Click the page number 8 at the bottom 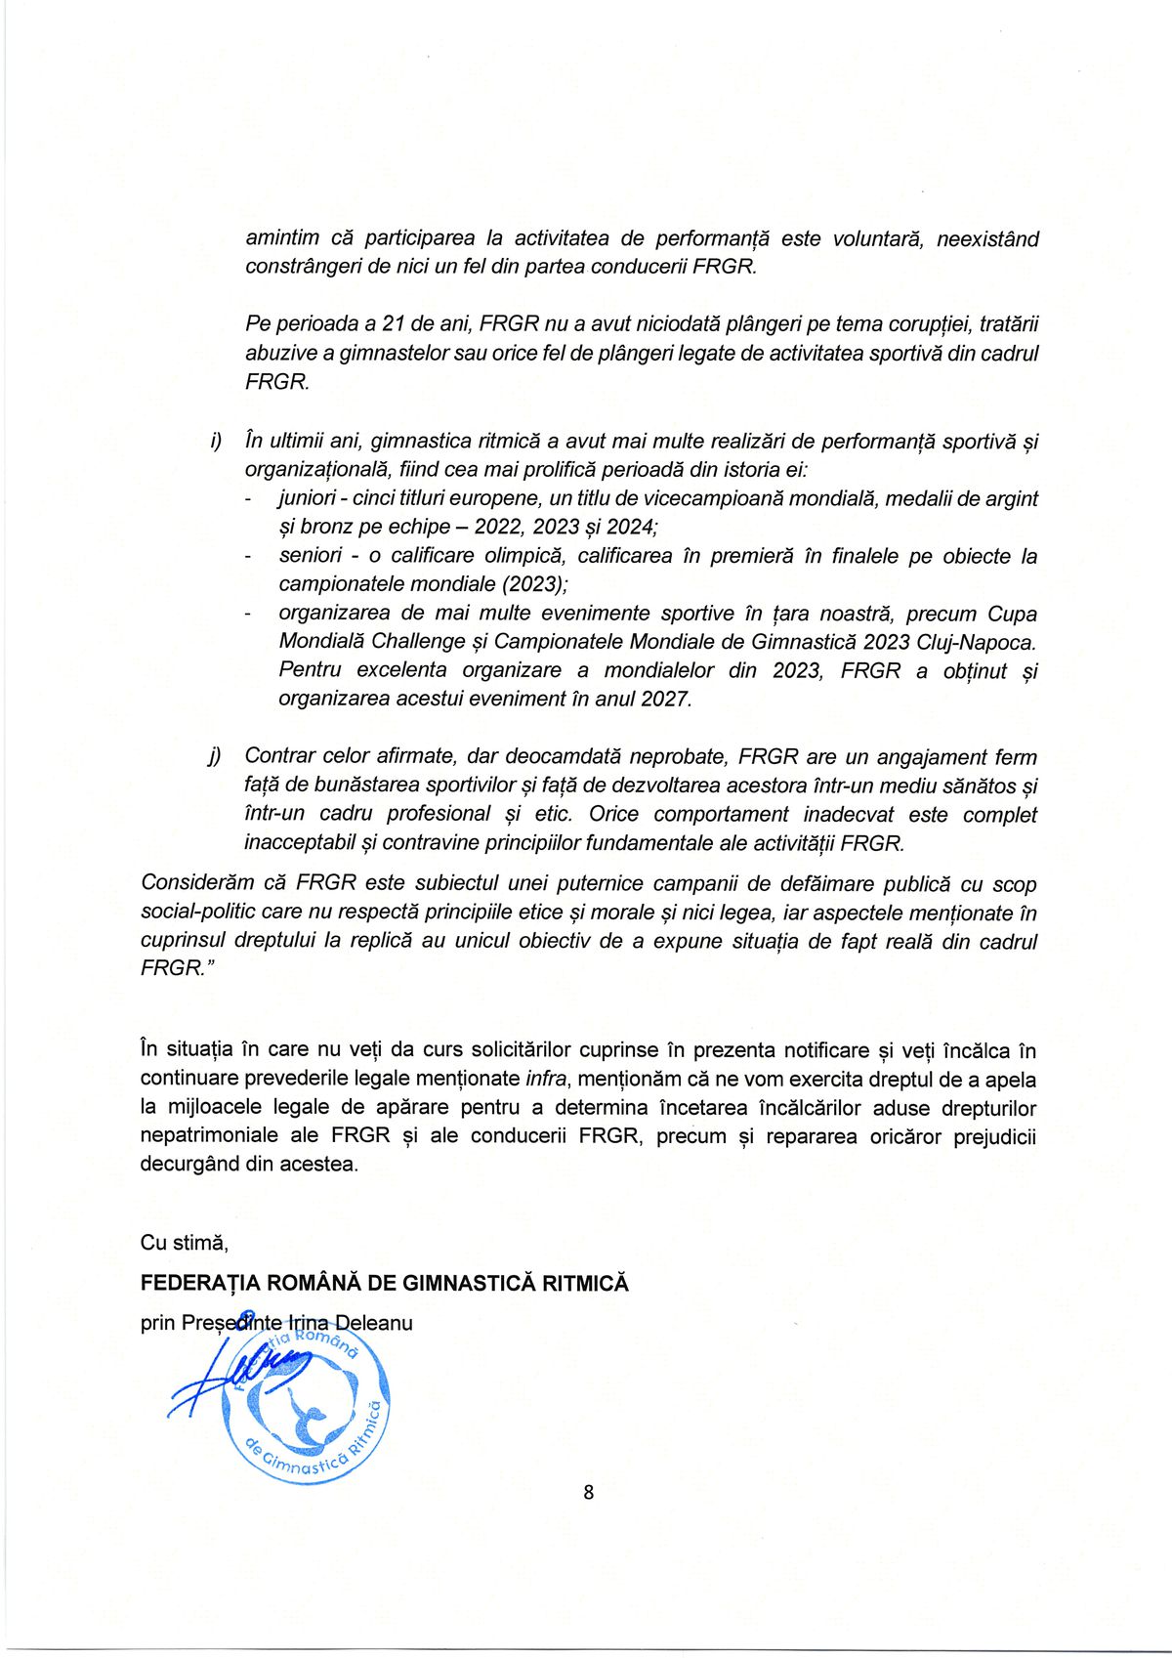click(588, 1492)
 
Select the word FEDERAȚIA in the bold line click(201, 1284)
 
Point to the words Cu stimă click(184, 1243)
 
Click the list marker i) click(216, 442)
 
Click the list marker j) click(215, 756)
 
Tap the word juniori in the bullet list click(307, 498)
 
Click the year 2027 click(664, 700)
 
